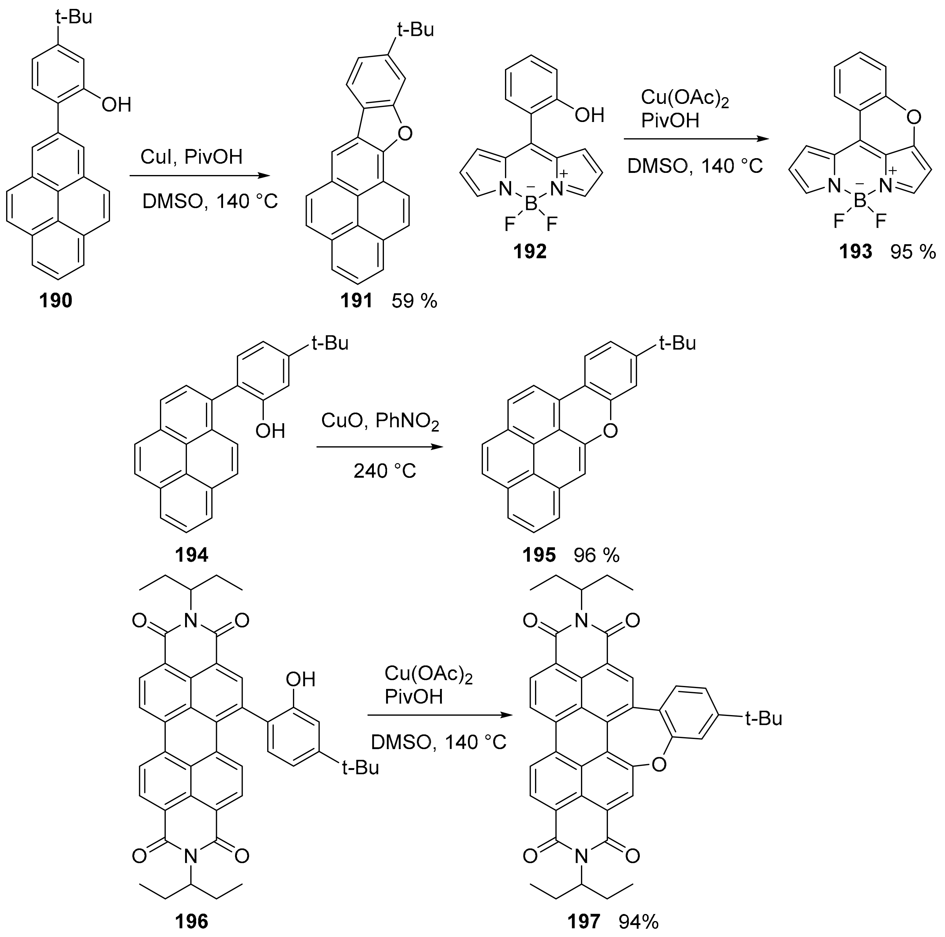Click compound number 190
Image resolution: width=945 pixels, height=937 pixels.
[56, 300]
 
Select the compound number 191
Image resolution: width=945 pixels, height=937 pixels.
[357, 300]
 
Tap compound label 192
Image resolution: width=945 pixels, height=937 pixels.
[530, 251]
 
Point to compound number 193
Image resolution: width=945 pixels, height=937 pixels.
[856, 251]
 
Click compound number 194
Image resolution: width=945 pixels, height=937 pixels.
[191, 554]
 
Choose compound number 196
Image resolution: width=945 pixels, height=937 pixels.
[191, 921]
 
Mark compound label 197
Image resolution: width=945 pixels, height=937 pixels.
[583, 921]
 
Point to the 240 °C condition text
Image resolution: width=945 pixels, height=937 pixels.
[385, 471]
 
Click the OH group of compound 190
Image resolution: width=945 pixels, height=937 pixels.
[116, 104]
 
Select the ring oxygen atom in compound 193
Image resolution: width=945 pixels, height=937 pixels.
[913, 117]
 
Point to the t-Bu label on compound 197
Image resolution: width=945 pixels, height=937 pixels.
[764, 718]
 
